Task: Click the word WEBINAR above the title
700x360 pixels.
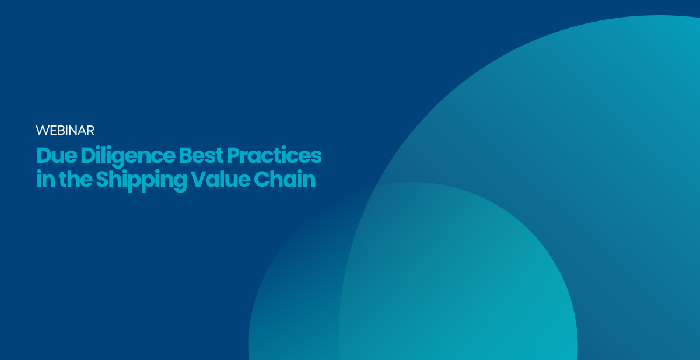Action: (x=65, y=130)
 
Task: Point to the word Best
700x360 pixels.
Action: (x=201, y=155)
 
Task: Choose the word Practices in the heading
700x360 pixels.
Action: (x=274, y=155)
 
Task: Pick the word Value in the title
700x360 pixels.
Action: (x=220, y=179)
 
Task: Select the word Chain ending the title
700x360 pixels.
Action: (x=285, y=179)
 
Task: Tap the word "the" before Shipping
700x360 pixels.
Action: (x=76, y=179)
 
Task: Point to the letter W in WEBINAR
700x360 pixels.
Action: (x=42, y=130)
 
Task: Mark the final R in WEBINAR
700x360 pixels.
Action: (x=90, y=130)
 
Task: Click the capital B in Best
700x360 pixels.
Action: (x=185, y=155)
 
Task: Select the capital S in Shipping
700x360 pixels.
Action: (x=102, y=179)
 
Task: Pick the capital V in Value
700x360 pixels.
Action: (x=198, y=179)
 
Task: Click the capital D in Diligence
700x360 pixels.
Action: (x=87, y=155)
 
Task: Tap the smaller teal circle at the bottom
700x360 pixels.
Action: (x=412, y=275)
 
